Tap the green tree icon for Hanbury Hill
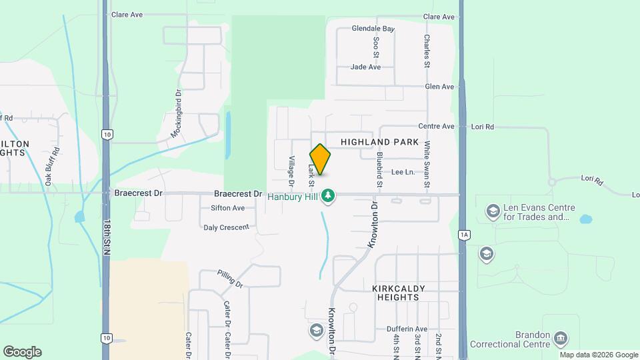pos(327,195)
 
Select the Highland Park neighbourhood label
pos(379,142)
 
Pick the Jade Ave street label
pos(365,67)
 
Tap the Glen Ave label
pos(439,87)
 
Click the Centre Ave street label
pos(436,126)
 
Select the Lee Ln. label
pos(403,172)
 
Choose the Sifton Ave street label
pos(227,208)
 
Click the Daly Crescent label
pos(226,227)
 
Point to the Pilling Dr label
pos(231,279)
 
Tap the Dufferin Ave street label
pos(407,329)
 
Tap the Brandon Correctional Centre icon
pos(561,339)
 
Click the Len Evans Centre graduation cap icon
pos(493,211)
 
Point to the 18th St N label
pos(107,237)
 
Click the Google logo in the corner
pos(22,352)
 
